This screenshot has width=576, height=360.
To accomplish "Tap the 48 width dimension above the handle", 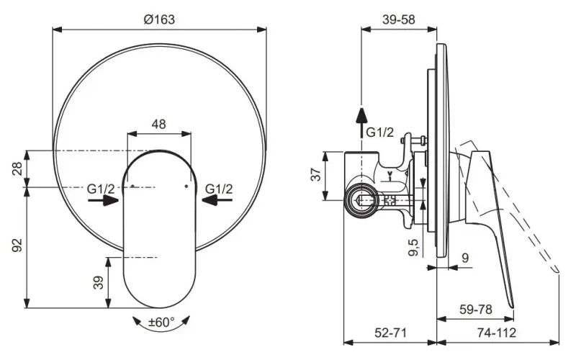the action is (x=158, y=124).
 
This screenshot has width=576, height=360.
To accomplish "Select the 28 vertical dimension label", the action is (x=17, y=168).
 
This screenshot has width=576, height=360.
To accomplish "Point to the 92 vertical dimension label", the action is (x=17, y=245).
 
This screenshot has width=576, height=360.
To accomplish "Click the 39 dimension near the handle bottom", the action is (x=99, y=283).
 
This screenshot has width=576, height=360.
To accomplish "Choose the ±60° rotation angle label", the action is (x=161, y=322).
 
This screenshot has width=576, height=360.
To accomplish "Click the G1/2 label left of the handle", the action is (x=101, y=189).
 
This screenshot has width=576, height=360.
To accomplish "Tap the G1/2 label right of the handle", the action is (x=219, y=189).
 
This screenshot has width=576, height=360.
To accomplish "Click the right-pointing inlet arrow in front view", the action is (x=104, y=200).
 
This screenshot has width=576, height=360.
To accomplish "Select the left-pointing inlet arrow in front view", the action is (x=217, y=200).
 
